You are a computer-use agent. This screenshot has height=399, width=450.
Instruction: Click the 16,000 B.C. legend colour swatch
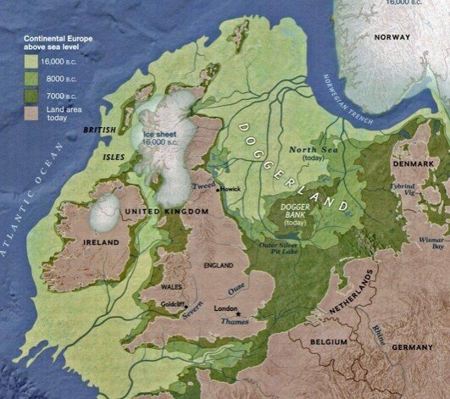[31, 60]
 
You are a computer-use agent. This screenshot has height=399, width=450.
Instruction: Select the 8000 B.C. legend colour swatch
[31, 75]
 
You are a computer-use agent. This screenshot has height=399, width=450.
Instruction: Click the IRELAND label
[101, 241]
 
